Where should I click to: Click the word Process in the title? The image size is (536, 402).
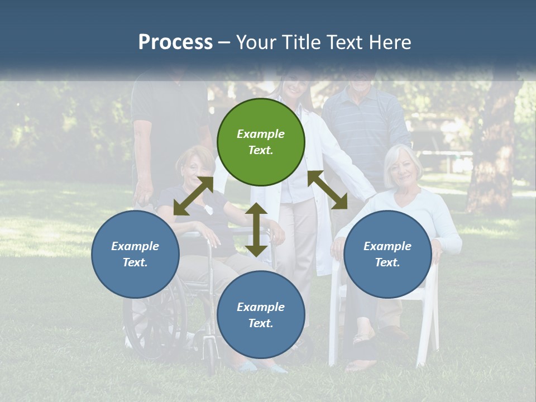175,42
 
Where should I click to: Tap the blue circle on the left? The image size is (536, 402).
135,254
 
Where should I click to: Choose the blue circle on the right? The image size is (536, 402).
387,254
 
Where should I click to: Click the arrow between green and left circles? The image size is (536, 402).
193,196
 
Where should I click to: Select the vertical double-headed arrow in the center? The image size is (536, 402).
256,229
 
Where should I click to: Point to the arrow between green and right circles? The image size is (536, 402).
327,190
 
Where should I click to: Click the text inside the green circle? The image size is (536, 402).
261,142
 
